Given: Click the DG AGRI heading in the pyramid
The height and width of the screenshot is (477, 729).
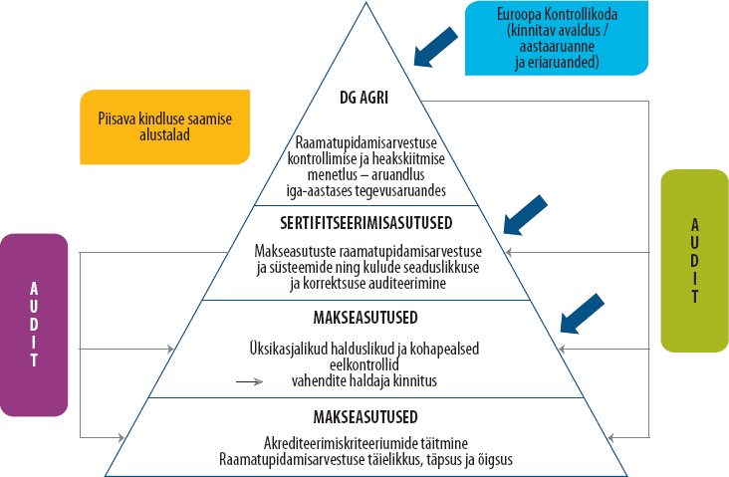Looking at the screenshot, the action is (x=364, y=98).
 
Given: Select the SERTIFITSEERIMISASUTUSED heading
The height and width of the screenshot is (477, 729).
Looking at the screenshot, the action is (x=365, y=223).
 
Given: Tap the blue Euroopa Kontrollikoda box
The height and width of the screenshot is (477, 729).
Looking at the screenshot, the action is (x=557, y=38).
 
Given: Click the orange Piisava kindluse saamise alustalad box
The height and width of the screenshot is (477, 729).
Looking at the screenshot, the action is (x=165, y=126).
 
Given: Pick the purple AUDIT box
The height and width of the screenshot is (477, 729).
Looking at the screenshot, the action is (x=34, y=325).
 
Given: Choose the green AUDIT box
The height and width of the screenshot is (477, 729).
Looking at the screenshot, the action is (x=694, y=260).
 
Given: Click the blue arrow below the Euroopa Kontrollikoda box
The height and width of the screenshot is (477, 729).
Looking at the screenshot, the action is (x=435, y=47).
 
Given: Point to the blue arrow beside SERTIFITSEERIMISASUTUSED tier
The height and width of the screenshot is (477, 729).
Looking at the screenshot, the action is (x=526, y=215).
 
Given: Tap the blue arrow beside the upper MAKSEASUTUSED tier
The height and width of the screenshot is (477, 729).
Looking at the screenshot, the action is (x=582, y=314).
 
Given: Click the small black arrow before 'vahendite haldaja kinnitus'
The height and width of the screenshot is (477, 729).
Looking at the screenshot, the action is (x=250, y=381).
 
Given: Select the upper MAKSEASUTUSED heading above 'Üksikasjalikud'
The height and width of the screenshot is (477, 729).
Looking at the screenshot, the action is (x=365, y=318).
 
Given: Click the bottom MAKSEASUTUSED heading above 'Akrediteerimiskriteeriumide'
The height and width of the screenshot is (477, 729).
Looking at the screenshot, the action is (x=365, y=417).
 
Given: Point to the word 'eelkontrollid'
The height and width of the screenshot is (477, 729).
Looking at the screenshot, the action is (x=364, y=364).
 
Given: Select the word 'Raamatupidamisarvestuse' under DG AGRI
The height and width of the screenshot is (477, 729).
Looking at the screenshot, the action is (x=365, y=142).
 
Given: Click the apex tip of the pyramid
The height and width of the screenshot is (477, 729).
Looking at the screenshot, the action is (x=365, y=3).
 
